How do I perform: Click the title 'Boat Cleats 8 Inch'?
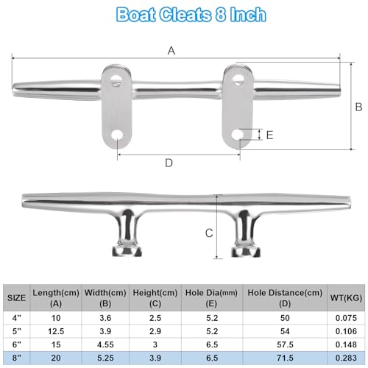point(183,14)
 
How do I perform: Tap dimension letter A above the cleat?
point(171,50)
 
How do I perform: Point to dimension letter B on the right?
point(358,107)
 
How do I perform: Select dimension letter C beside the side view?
point(209,233)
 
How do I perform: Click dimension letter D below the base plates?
point(169,162)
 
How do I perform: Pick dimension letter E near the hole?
point(269,135)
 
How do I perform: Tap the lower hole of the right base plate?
point(236,135)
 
